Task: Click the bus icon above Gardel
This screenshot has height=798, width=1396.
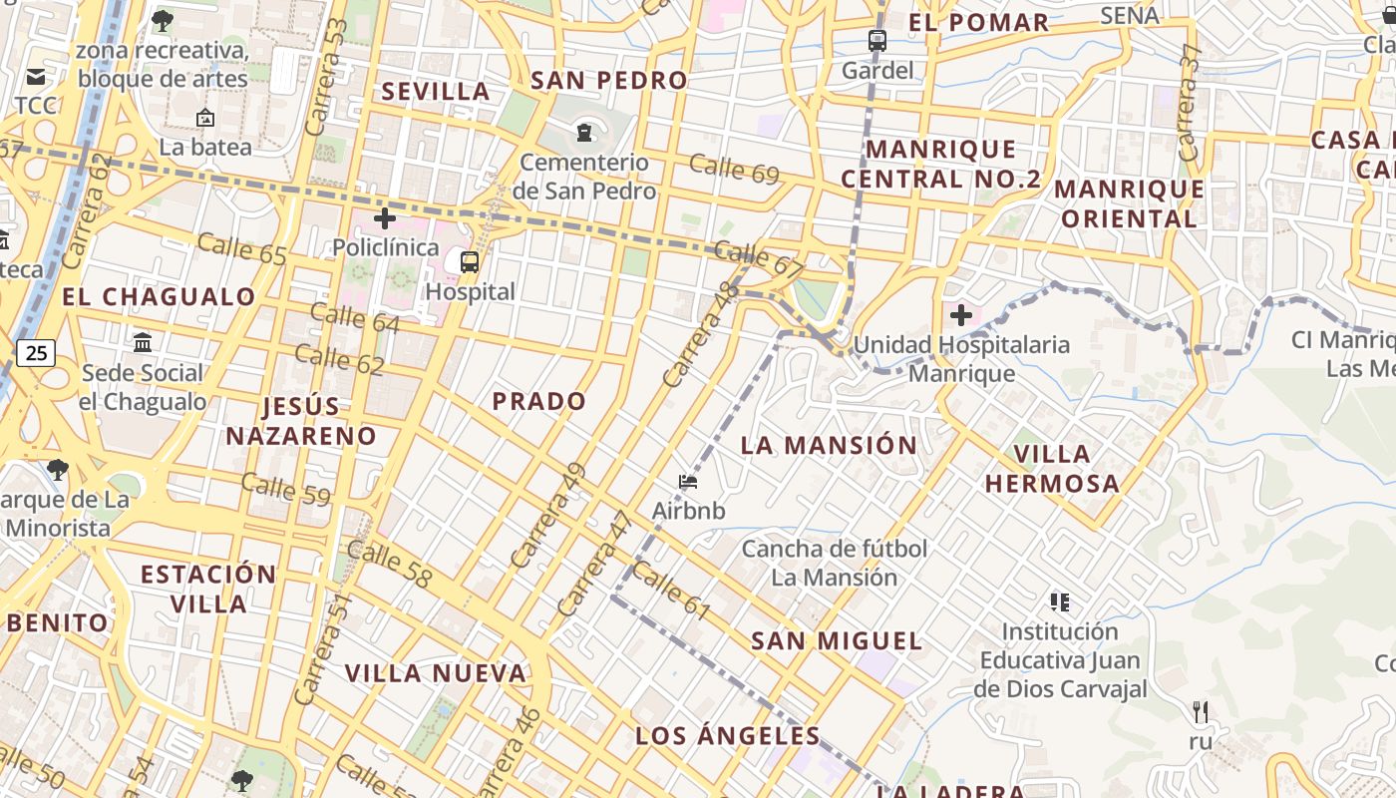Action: click(x=877, y=41)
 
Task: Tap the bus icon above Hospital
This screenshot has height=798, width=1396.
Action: click(x=470, y=262)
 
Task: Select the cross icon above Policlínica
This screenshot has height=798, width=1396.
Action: click(x=385, y=218)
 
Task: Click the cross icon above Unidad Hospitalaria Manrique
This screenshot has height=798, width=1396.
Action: click(x=961, y=316)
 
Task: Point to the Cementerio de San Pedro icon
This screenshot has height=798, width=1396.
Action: click(x=584, y=132)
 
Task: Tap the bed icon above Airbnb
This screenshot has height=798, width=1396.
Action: click(x=688, y=482)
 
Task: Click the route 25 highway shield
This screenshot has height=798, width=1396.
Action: click(x=35, y=352)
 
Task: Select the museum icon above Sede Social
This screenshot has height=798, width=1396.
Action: click(x=143, y=343)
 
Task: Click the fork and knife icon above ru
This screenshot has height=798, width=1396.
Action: click(x=1201, y=712)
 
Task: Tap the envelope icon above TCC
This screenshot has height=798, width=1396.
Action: click(x=36, y=77)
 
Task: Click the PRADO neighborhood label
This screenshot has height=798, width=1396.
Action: click(x=539, y=402)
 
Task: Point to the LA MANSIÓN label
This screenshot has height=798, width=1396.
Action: click(x=829, y=446)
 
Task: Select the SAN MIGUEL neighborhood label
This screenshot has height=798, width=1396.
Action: click(x=837, y=640)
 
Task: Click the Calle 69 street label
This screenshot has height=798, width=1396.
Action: click(x=734, y=169)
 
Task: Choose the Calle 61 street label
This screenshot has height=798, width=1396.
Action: click(x=671, y=590)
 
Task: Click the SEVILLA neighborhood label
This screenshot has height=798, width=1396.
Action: click(x=436, y=92)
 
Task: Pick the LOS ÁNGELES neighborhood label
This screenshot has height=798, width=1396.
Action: click(x=728, y=736)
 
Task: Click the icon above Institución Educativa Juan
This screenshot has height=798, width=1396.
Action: click(x=1060, y=601)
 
